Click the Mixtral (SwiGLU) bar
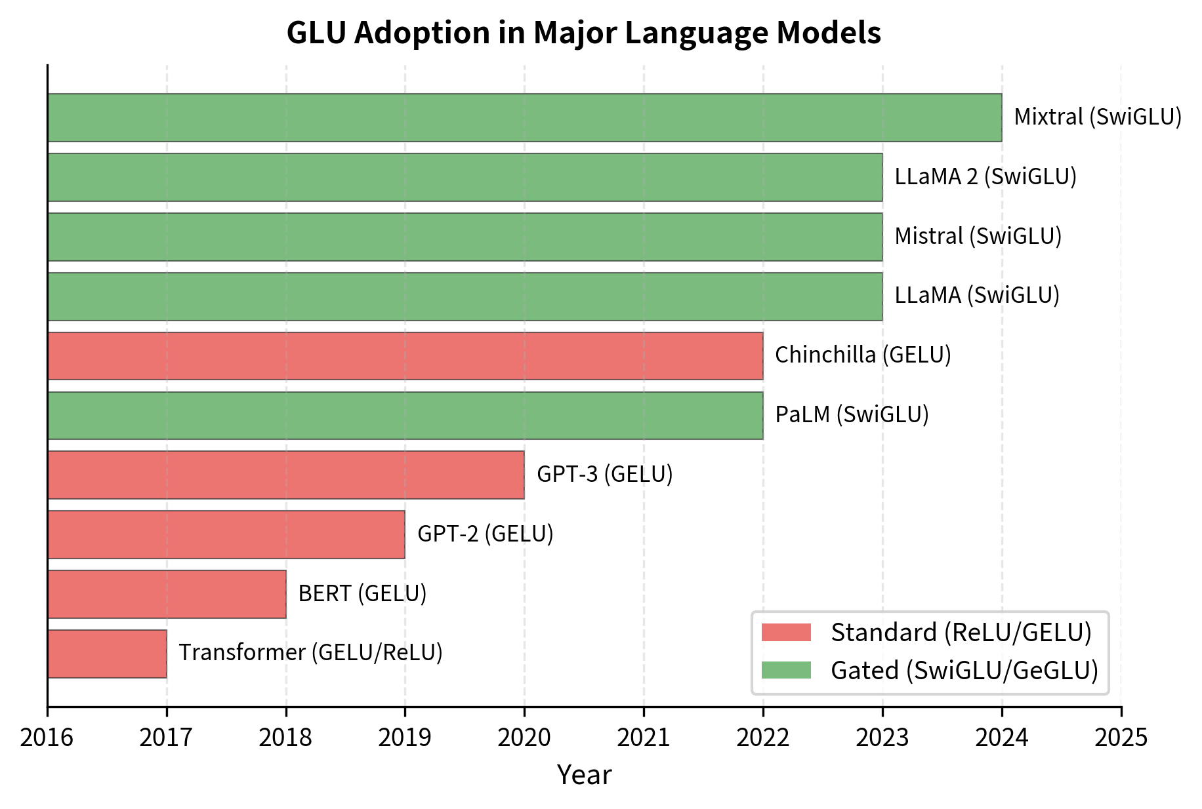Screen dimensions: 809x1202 524,117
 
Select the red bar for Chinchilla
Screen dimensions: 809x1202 405,356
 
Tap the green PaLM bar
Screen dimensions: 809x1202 405,416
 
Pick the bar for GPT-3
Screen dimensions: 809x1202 285,475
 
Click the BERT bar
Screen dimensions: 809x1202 167,594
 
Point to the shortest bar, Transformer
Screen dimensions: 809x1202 107,654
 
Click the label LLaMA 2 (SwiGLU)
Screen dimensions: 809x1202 985,176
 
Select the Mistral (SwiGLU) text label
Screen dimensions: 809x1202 978,236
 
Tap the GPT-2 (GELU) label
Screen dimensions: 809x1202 486,534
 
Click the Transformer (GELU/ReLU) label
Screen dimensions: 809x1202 310,652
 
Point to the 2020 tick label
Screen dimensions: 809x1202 524,738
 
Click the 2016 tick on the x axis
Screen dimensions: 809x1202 47,738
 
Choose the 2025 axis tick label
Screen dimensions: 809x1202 1121,738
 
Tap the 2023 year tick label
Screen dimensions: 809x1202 882,738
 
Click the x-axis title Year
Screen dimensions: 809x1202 584,775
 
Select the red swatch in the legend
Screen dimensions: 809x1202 786,633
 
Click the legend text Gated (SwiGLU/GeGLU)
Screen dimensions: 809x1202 964,671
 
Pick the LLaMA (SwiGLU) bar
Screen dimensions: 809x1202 465,296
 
